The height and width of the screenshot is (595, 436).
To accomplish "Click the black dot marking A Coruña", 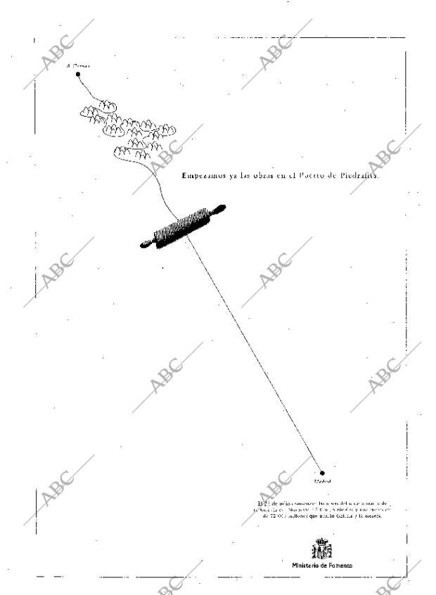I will click(78, 73).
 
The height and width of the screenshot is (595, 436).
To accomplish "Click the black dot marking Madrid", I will click(322, 473).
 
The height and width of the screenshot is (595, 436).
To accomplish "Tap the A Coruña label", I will click(77, 65).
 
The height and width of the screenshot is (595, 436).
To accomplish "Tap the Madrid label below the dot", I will click(321, 482).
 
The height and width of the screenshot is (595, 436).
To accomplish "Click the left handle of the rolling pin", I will click(146, 243).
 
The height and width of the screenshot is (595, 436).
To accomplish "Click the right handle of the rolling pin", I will click(218, 209).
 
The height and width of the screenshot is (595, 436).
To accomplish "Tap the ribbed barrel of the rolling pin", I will click(181, 226).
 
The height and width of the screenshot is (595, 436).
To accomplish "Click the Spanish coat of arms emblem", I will click(322, 548).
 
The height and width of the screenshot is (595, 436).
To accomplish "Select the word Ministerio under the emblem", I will click(307, 565).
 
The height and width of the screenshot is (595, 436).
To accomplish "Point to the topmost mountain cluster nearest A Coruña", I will click(98, 107).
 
